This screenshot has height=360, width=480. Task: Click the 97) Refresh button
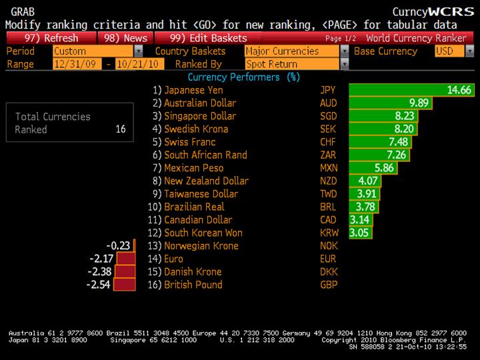point(50,38)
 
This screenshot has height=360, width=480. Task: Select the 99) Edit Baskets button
point(208,38)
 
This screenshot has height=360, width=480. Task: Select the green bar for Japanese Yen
point(411,90)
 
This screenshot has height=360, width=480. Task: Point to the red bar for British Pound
point(125,285)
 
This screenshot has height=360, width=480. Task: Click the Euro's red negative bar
point(125,259)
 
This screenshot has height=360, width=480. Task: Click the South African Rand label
point(205,155)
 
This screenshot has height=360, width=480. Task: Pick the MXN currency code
point(329,168)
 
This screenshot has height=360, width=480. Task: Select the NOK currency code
point(329,246)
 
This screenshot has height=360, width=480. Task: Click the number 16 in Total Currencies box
point(120,129)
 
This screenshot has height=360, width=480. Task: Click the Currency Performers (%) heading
point(244,77)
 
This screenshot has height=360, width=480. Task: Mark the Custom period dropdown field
point(97,51)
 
